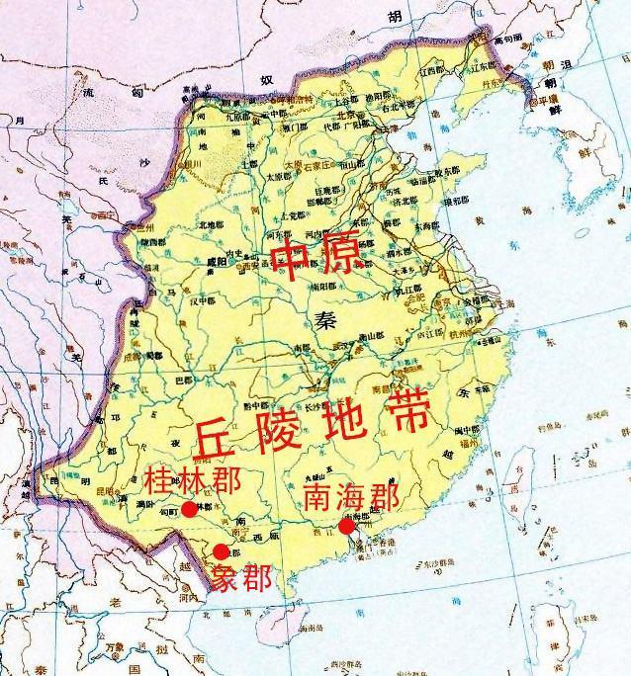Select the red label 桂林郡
(x=195, y=482)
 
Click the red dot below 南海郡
(x=346, y=527)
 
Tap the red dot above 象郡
(x=221, y=551)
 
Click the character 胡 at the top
(x=397, y=17)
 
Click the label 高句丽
(x=507, y=42)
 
